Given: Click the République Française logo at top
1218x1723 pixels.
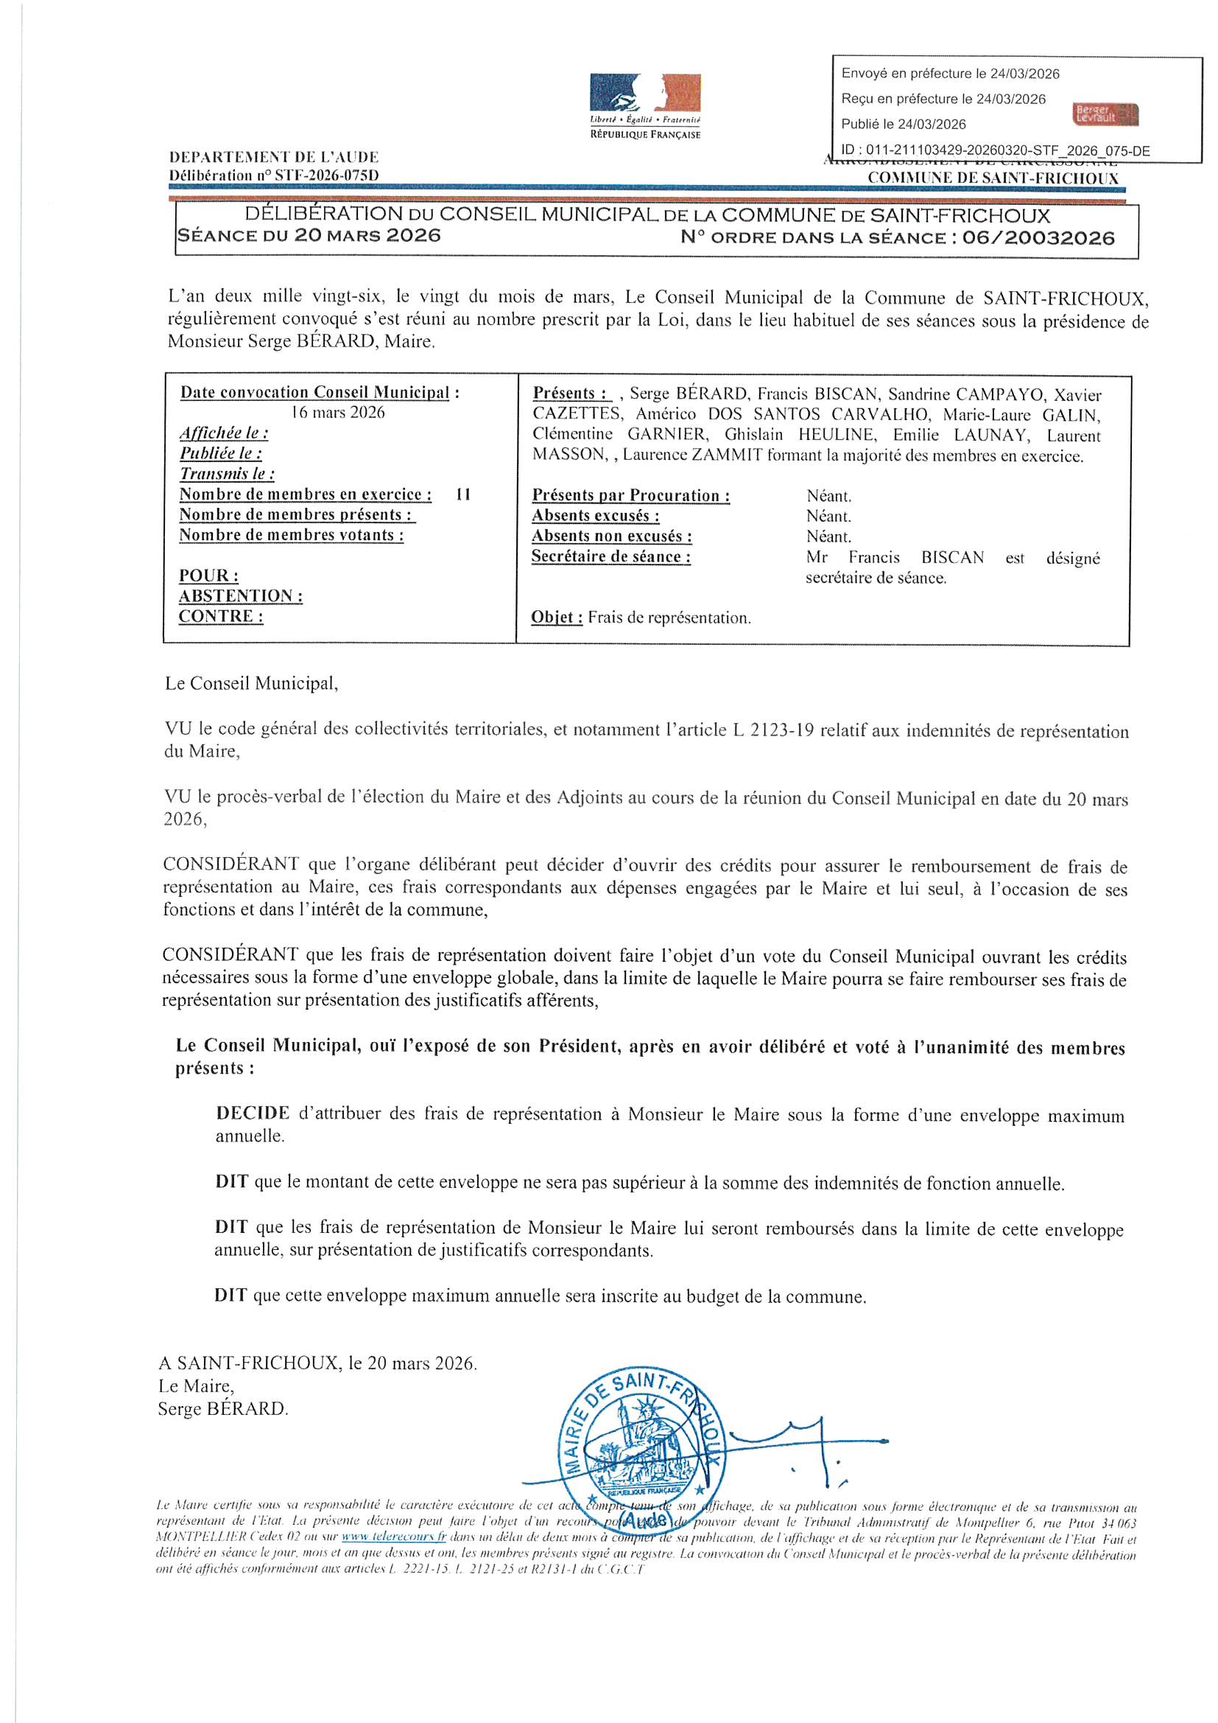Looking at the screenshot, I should point(645,106).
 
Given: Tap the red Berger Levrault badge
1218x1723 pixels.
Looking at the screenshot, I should point(1105,114).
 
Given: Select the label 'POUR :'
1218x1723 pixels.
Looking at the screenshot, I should point(208,576).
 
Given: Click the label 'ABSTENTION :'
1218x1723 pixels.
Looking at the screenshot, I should point(240,596).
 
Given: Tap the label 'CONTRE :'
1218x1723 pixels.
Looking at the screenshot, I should point(220,616).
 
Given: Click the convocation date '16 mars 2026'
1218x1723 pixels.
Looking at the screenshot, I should point(338,413).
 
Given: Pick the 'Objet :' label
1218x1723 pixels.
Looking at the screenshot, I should point(557,618).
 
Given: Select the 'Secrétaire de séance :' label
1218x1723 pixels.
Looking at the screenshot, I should point(610,557).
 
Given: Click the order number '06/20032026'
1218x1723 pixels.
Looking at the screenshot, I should point(1039,238).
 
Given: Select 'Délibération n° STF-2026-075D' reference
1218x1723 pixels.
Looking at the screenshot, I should point(274,175).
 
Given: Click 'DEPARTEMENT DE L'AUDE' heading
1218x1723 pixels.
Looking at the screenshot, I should point(274,158).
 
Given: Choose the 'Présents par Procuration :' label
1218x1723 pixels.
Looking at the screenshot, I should point(630,495).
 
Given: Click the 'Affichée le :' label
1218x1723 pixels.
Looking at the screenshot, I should point(224,433).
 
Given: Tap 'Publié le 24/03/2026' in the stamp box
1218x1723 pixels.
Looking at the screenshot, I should point(903,125).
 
